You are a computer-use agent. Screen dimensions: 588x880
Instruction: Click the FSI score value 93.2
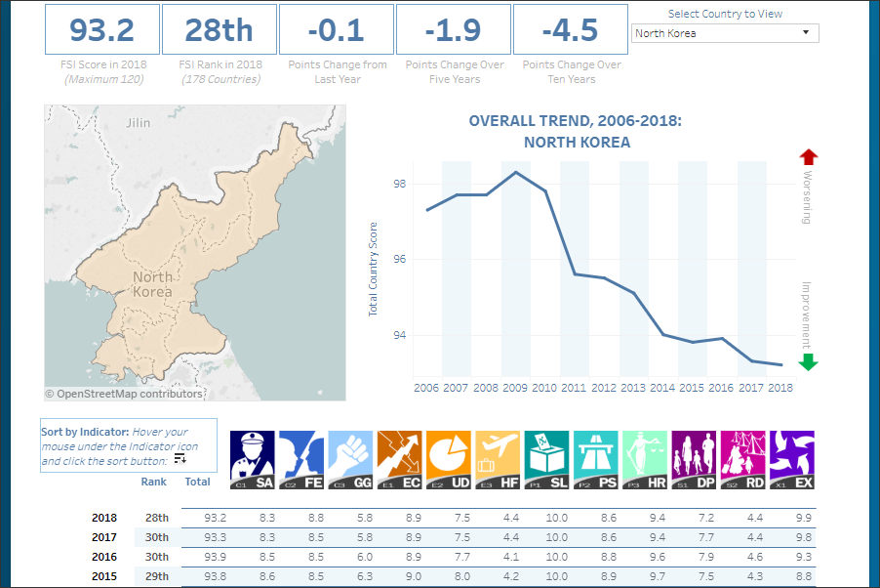[x=101, y=29]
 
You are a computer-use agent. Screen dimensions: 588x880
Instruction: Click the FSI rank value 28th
[x=219, y=29]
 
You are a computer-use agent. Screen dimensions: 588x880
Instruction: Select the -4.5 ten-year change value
[x=570, y=29]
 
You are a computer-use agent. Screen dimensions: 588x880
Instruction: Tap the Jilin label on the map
[x=139, y=123]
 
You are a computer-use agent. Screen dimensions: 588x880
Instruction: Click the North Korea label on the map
[x=152, y=284]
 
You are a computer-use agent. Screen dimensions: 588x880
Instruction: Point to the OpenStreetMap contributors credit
[x=125, y=394]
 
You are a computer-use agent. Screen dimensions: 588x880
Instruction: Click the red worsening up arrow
[x=808, y=157]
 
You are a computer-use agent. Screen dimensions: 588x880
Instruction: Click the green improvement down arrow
[x=808, y=362]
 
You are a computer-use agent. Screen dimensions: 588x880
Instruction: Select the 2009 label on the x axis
[x=515, y=388]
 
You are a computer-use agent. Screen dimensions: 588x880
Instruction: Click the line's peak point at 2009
[x=515, y=172]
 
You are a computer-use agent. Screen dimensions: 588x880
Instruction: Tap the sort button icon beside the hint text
[x=180, y=458]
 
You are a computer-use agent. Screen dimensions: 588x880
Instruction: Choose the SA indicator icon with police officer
[x=252, y=459]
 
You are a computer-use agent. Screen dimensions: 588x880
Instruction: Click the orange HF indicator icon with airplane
[x=498, y=459]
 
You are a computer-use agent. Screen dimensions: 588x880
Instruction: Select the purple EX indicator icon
[x=791, y=459]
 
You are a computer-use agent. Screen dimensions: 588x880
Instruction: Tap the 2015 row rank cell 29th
[x=156, y=575]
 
